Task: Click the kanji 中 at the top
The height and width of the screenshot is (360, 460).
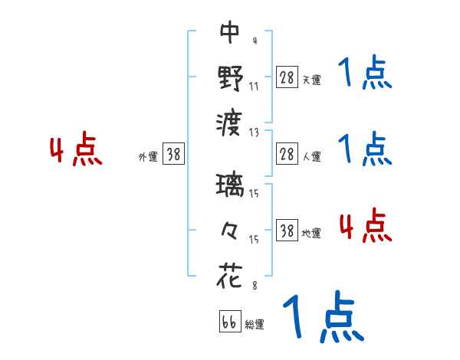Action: [x=230, y=33]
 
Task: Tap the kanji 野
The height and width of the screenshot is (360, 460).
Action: [x=230, y=77]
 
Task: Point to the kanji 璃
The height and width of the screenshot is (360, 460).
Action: [x=230, y=186]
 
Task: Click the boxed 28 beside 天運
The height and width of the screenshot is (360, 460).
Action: [x=287, y=78]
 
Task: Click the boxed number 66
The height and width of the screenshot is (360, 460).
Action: [x=229, y=322]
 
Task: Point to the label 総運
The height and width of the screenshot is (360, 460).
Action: [x=255, y=325]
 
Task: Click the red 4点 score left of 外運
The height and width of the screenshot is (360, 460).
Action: [x=74, y=151]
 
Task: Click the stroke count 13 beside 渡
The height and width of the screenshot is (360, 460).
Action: [x=254, y=132]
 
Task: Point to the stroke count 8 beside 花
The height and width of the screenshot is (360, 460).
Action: [x=254, y=285]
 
